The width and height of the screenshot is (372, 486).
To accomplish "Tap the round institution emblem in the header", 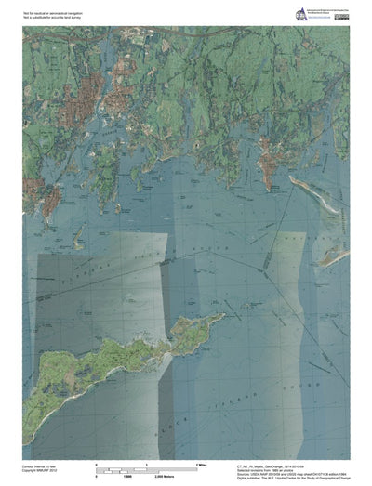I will [301, 13].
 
